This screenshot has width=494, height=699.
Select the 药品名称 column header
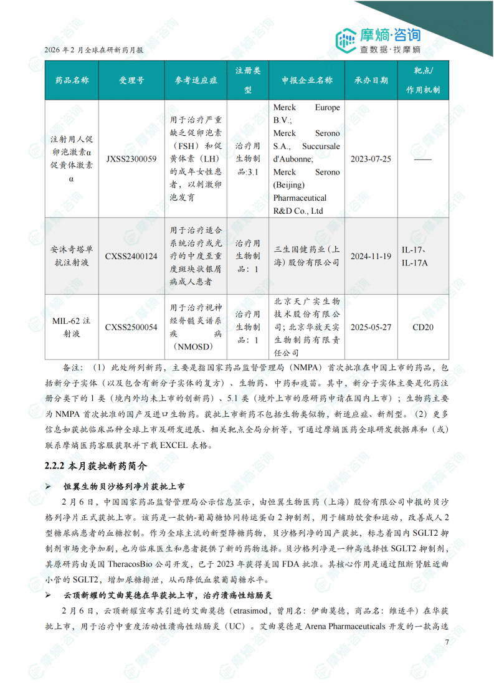click(x=72, y=80)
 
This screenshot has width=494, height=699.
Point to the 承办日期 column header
click(x=371, y=80)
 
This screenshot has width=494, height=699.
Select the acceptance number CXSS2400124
click(x=131, y=256)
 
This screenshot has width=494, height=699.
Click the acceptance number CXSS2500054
click(x=131, y=327)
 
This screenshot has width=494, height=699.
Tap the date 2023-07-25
click(x=371, y=159)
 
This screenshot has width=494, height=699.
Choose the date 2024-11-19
click(x=371, y=256)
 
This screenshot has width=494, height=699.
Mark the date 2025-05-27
click(x=371, y=327)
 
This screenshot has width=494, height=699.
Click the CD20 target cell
click(x=423, y=327)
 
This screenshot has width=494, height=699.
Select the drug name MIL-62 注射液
click(x=72, y=327)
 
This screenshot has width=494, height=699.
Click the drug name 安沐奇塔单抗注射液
click(x=72, y=256)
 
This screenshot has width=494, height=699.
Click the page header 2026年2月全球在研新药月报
click(x=94, y=51)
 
